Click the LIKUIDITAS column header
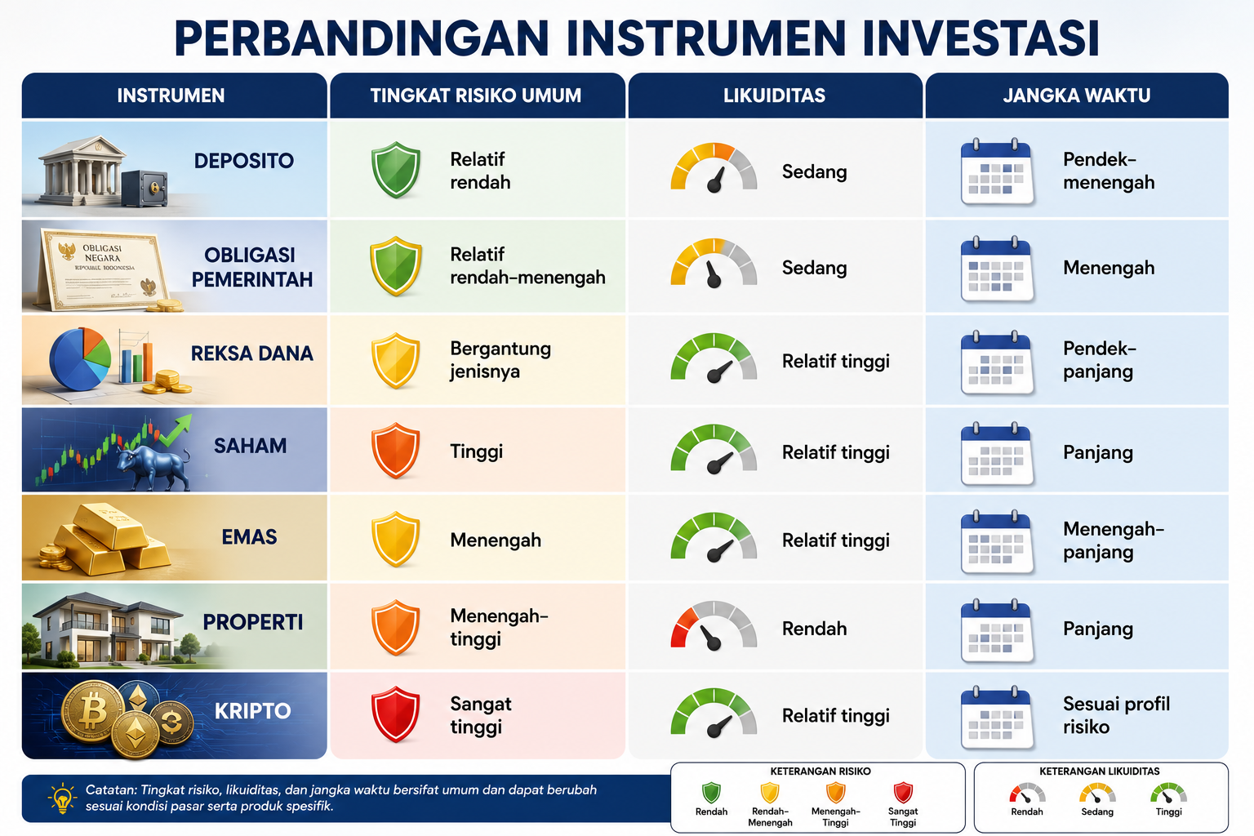point(774,96)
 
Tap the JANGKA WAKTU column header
point(1077,96)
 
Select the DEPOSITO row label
point(243,162)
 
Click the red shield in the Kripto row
point(396,714)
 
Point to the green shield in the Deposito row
point(396,170)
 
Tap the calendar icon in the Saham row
point(997,453)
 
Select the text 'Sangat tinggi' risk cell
point(481,715)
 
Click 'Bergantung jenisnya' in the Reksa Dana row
point(500,360)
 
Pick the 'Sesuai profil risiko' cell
point(1116,715)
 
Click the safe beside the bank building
point(145,188)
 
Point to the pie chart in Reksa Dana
point(79,358)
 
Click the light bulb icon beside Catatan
point(62,798)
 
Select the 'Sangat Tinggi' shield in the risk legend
point(903,793)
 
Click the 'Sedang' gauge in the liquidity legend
point(1097,794)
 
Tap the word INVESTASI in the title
point(981,38)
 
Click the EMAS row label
point(249,537)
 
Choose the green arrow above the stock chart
point(176,430)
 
